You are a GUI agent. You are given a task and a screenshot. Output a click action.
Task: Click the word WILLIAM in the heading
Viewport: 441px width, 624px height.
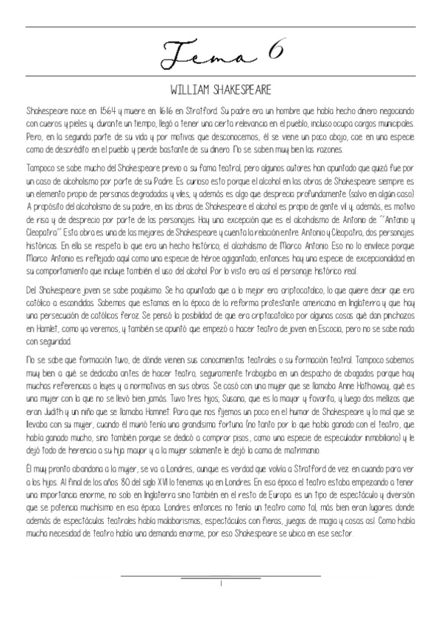point(187,90)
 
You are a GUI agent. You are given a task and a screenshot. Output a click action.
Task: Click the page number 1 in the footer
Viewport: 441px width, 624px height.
point(221,584)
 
